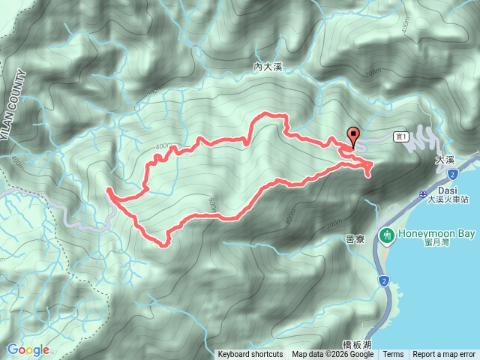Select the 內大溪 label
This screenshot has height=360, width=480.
tap(267, 67)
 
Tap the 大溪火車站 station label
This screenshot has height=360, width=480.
tap(448, 200)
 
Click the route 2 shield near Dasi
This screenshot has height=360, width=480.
tap(453, 174)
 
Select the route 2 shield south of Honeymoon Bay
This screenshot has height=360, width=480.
tap(384, 281)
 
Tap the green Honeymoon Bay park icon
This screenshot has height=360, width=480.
tap(388, 235)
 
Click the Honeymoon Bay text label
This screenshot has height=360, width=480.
tap(436, 234)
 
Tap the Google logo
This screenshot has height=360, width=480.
tap(28, 349)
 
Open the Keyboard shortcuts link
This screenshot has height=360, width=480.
tap(250, 355)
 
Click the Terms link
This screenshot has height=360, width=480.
tap(393, 355)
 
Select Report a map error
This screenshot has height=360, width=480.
tap(444, 355)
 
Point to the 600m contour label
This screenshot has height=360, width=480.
tap(208, 202)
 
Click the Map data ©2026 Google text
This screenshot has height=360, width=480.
tap(333, 355)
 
